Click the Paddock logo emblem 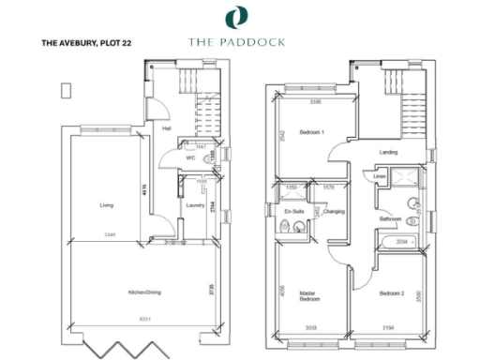click(240, 16)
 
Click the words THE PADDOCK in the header click(240, 41)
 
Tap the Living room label click(107, 202)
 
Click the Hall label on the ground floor click(166, 128)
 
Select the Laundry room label click(195, 204)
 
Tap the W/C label click(190, 158)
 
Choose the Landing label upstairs click(388, 152)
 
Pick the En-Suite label click(295, 212)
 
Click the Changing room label click(334, 212)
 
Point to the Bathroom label click(390, 219)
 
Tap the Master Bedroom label click(310, 296)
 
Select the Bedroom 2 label click(392, 293)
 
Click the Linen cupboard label click(380, 176)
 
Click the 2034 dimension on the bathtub click(402, 242)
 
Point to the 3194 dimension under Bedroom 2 click(388, 328)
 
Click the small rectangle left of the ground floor click(65, 89)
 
